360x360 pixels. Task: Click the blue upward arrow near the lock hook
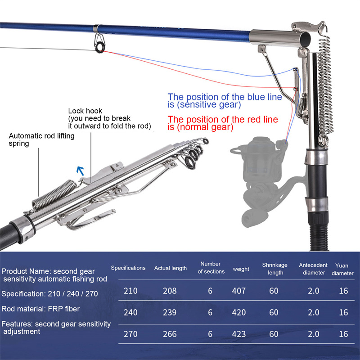(81, 170)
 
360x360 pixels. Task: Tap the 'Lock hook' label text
(85, 111)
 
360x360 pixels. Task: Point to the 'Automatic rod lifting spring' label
(41, 139)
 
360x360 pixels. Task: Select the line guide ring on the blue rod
(99, 44)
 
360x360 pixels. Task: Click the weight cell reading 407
(239, 291)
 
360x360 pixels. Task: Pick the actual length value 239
(170, 312)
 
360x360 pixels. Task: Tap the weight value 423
(239, 334)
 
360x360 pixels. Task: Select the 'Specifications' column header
(128, 268)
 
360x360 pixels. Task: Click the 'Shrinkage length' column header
(273, 269)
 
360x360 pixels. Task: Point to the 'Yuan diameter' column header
(343, 269)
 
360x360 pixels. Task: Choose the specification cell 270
(130, 334)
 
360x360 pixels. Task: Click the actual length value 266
(170, 334)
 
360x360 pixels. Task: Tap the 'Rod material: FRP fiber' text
(40, 309)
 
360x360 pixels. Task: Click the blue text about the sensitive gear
(225, 100)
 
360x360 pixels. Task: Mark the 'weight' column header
(241, 269)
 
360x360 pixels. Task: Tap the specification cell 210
(130, 291)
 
